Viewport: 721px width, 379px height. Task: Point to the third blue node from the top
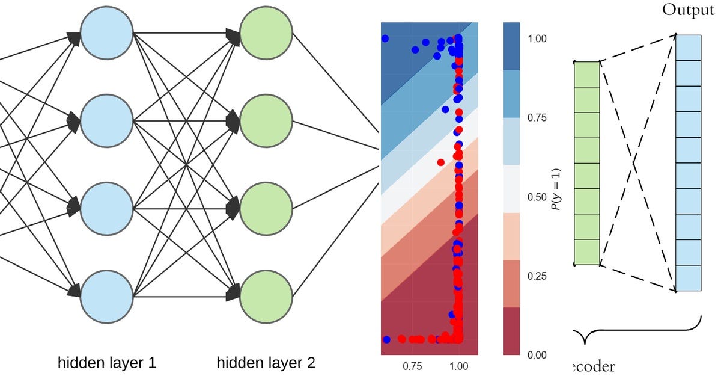pos(106,209)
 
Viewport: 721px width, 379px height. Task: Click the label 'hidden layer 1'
pos(107,363)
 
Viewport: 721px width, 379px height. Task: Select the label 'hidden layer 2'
pos(266,363)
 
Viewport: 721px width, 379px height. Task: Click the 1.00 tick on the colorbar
pos(537,39)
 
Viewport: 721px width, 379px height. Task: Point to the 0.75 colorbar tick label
pos(537,118)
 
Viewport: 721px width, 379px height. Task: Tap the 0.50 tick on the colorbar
pos(537,197)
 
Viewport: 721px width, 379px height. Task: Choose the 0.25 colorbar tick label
pos(537,276)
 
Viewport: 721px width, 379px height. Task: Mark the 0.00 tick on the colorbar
pos(537,355)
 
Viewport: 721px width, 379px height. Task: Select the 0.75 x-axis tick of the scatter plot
pos(414,365)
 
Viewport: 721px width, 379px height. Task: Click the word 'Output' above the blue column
pos(688,11)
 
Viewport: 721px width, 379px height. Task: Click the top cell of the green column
pos(587,74)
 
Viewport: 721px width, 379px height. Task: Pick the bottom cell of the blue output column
pos(689,279)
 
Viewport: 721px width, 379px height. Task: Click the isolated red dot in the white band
pos(441,162)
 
